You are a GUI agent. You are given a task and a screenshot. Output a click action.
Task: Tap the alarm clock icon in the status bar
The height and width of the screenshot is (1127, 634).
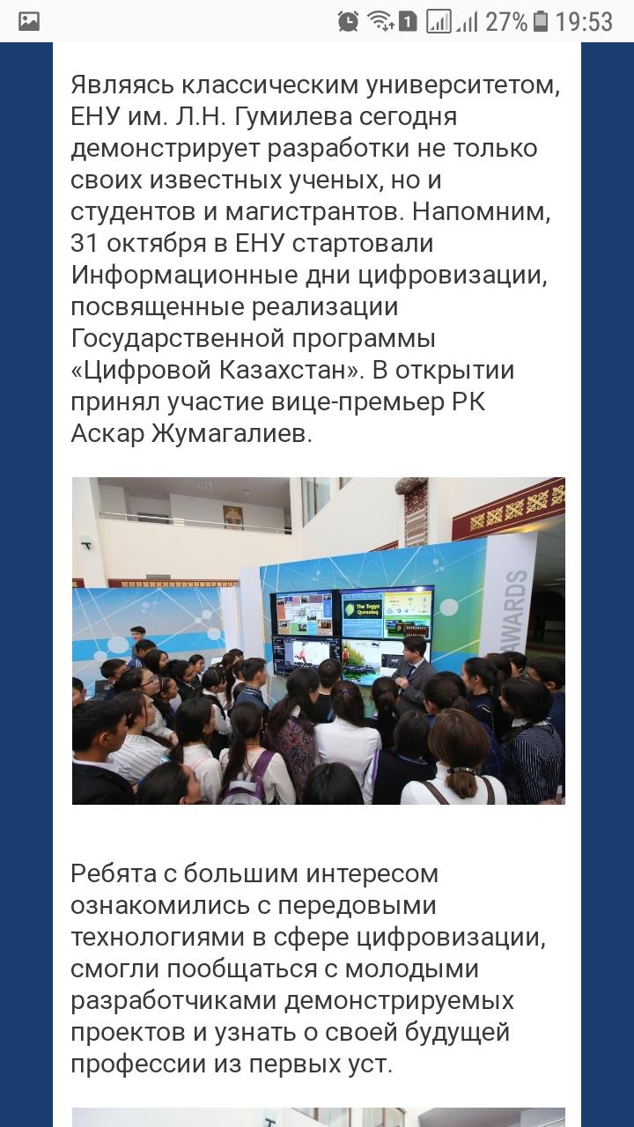pyautogui.click(x=348, y=22)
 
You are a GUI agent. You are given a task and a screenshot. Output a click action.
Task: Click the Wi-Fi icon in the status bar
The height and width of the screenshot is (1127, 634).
pyautogui.click(x=381, y=22)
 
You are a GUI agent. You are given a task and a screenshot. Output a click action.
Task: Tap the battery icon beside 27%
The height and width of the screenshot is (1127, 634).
pyautogui.click(x=541, y=22)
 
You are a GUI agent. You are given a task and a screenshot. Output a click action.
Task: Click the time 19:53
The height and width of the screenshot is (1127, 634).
pyautogui.click(x=584, y=22)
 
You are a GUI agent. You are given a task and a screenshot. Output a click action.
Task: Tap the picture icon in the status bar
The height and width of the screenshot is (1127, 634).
pyautogui.click(x=29, y=21)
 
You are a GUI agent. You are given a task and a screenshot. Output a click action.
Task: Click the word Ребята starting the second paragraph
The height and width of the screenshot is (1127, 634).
pyautogui.click(x=112, y=874)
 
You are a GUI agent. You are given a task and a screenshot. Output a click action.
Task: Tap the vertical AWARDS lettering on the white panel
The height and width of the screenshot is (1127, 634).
pyautogui.click(x=519, y=610)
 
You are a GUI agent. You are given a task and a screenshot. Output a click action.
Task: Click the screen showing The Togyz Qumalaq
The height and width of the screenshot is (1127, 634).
pyautogui.click(x=387, y=614)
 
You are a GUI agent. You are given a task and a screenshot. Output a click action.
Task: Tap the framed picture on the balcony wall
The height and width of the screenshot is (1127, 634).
pyautogui.click(x=233, y=517)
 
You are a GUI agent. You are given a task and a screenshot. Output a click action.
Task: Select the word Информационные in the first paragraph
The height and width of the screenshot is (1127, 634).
pyautogui.click(x=203, y=276)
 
